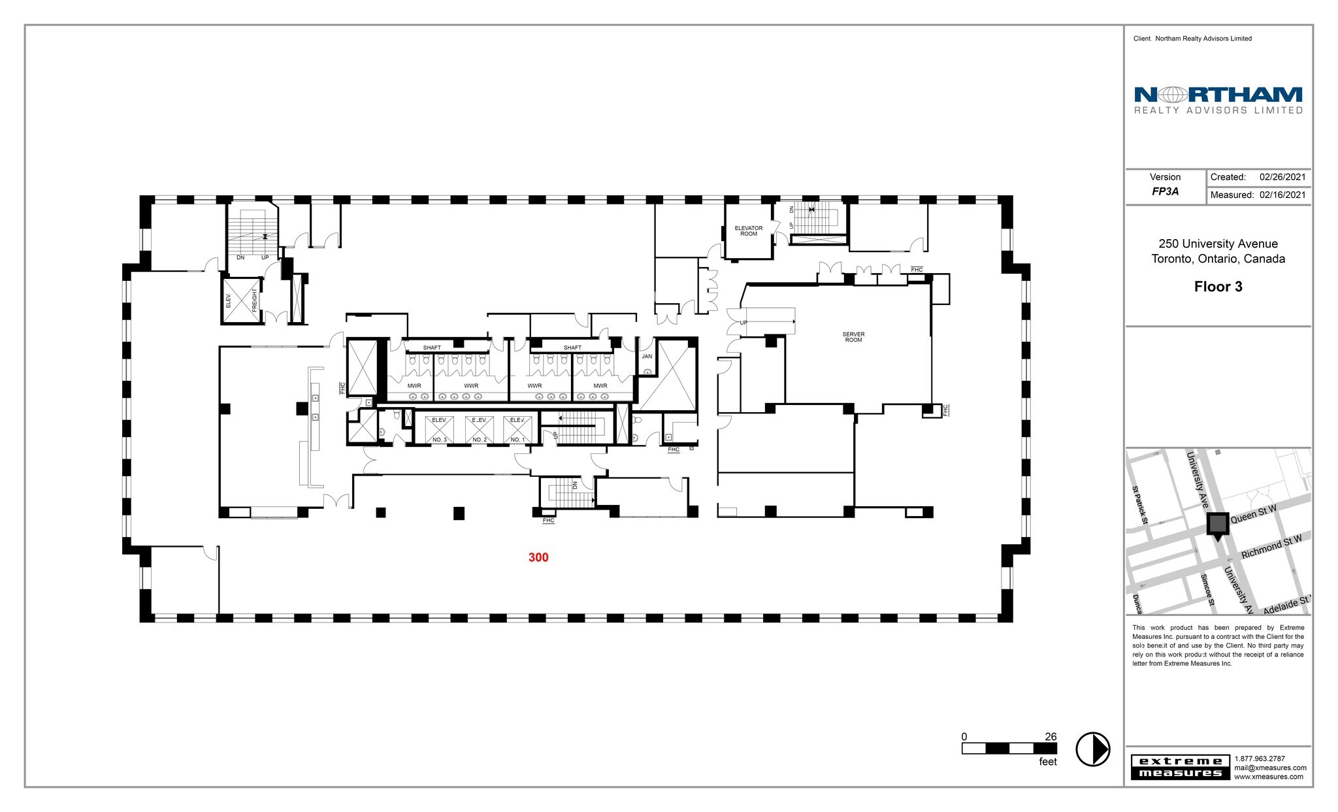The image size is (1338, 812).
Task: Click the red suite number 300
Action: pyautogui.click(x=538, y=557)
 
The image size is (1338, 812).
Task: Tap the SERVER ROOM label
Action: pyautogui.click(x=853, y=337)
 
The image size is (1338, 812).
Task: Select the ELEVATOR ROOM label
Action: pyautogui.click(x=748, y=231)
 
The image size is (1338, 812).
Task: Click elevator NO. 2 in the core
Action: pyautogui.click(x=479, y=429)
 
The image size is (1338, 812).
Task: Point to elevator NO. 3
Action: pyautogui.click(x=439, y=429)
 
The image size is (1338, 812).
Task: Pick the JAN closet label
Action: pyautogui.click(x=647, y=357)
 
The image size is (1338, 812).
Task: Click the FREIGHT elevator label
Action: pyautogui.click(x=254, y=300)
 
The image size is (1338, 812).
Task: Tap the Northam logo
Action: pyautogui.click(x=1218, y=100)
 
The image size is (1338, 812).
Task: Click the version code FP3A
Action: pyautogui.click(x=1165, y=192)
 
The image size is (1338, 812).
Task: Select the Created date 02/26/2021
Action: pyautogui.click(x=1282, y=177)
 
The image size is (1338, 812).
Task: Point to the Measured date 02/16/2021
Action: pyautogui.click(x=1282, y=195)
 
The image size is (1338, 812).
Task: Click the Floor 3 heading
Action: pyautogui.click(x=1218, y=287)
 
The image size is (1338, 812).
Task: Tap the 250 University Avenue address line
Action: pyautogui.click(x=1218, y=244)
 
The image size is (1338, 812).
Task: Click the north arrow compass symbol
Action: pyautogui.click(x=1092, y=749)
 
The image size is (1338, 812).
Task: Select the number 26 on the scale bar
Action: pyautogui.click(x=1050, y=737)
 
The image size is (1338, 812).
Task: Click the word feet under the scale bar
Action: pyautogui.click(x=1047, y=762)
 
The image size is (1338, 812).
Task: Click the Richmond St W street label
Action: pyautogui.click(x=1271, y=547)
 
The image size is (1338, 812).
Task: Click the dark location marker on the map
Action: pyautogui.click(x=1217, y=525)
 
